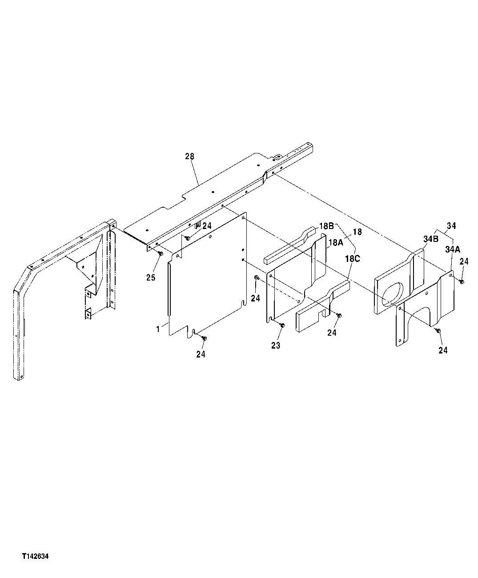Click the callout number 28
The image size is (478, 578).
[189, 157]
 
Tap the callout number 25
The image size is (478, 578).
[151, 277]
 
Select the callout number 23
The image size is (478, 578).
[276, 345]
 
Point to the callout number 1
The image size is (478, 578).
[158, 329]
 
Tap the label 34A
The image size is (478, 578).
[452, 250]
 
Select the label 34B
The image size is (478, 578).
[431, 239]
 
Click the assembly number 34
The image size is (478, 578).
[451, 226]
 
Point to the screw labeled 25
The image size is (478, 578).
[161, 253]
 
